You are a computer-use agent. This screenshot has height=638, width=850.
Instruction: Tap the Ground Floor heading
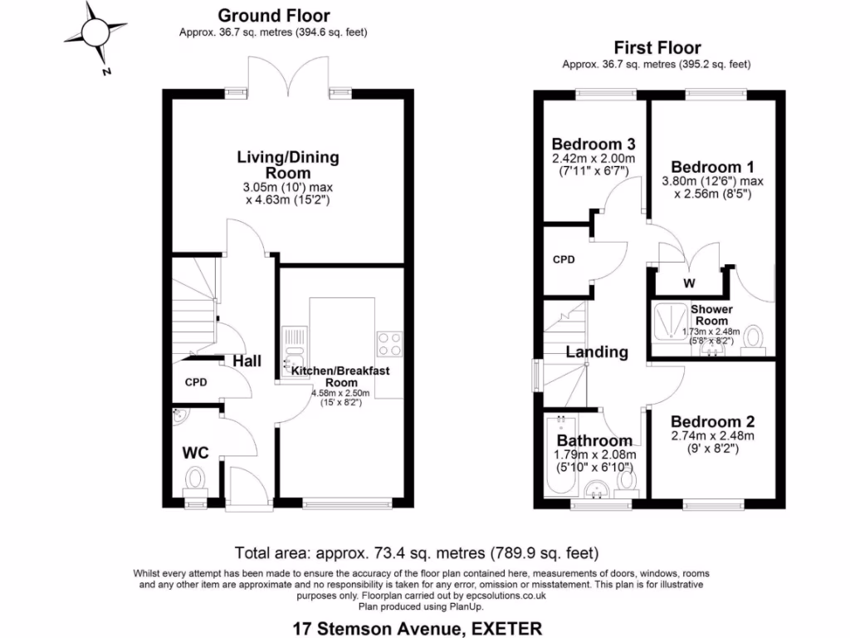coord(273,16)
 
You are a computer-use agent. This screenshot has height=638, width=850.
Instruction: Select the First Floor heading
coord(657,48)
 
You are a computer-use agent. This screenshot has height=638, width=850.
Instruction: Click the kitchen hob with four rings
coord(390,343)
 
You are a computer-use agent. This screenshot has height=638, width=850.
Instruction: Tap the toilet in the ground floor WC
coord(196,478)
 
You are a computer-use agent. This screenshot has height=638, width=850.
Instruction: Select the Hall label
coord(247,361)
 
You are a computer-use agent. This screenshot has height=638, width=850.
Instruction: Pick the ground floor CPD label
coord(195,383)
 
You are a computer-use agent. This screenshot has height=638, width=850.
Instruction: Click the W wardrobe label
coord(688,283)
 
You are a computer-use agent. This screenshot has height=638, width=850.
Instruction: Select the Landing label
coord(596,352)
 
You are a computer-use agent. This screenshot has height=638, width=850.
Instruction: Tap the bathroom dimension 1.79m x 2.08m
coord(594,455)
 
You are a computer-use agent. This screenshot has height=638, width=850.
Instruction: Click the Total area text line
coord(417,552)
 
